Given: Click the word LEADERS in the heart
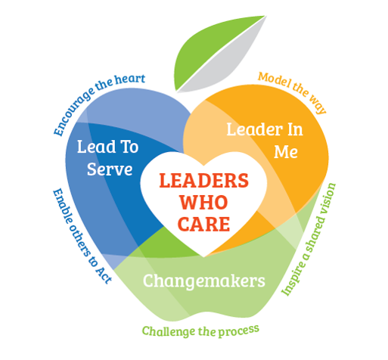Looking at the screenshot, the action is click(x=204, y=181).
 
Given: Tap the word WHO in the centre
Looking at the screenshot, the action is click(x=203, y=202).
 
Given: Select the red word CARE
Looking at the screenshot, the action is click(x=203, y=224).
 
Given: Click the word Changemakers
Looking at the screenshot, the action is click(x=204, y=281).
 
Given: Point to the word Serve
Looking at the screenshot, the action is click(x=110, y=169).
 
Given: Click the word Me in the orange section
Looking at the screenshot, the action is click(x=286, y=152).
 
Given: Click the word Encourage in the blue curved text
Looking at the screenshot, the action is click(x=73, y=113).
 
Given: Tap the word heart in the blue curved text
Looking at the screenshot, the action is click(x=130, y=79).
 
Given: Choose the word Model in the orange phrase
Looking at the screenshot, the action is click(x=274, y=79).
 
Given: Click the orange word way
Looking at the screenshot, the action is click(x=318, y=104).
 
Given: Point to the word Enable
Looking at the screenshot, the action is click(x=62, y=206).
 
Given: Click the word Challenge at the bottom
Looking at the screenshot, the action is click(x=169, y=331).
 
